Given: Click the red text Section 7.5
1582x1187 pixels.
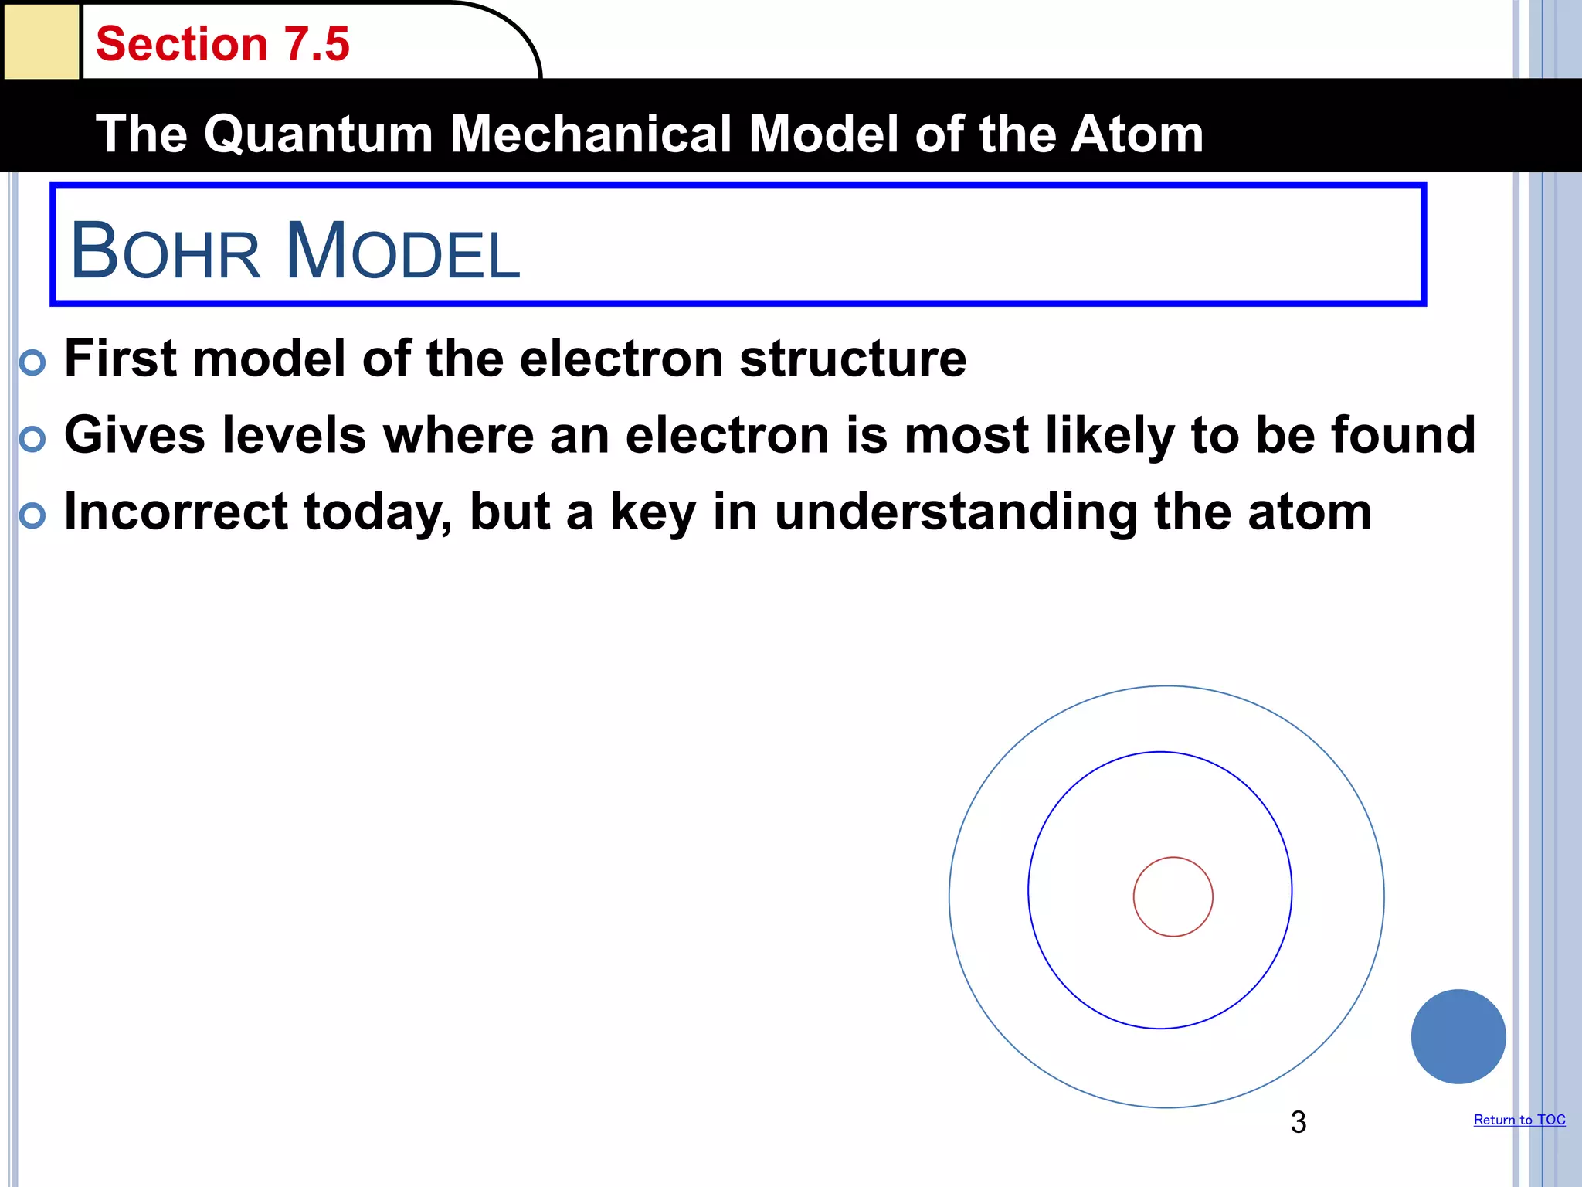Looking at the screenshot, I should [222, 44].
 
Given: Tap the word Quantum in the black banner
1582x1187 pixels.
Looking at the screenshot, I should [317, 134].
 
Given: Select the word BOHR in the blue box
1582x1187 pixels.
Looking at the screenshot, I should [165, 251].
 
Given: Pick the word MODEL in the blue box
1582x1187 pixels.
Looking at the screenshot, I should [402, 251].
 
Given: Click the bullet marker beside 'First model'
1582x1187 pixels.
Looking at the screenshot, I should [32, 362].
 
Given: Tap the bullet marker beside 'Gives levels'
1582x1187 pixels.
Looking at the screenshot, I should [32, 439].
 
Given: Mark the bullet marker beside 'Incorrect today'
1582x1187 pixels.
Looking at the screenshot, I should [32, 515].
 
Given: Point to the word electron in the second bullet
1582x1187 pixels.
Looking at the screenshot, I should [727, 435].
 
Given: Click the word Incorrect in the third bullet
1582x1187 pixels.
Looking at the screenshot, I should [175, 512].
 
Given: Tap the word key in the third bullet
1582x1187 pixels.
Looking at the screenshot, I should [653, 513].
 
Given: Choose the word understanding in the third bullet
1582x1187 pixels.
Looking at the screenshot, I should [956, 513].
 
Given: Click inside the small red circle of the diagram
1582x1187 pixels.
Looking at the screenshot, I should [1173, 896].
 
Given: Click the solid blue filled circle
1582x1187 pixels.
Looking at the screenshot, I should [1458, 1036].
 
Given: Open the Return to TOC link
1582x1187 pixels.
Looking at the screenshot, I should [1519, 1120].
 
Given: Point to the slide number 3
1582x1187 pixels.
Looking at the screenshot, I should [1298, 1122].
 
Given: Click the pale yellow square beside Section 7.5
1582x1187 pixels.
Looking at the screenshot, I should [41, 40].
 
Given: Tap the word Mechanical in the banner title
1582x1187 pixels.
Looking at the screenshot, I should [590, 134].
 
